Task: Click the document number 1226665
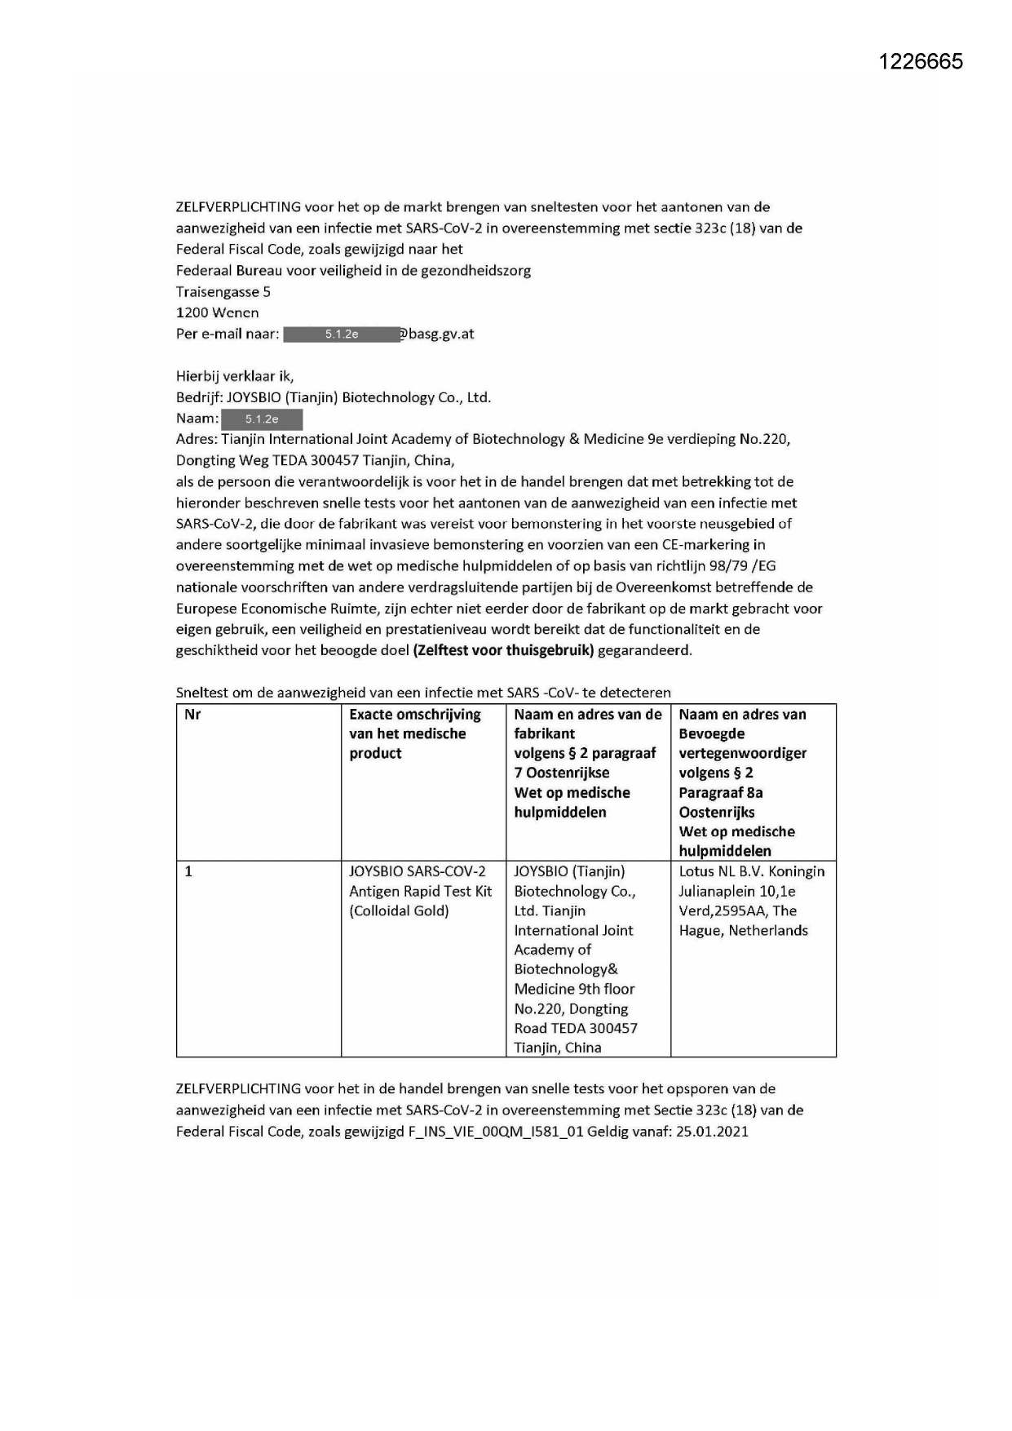(921, 62)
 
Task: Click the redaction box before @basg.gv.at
(342, 334)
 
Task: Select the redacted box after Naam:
(262, 419)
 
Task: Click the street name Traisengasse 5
(223, 292)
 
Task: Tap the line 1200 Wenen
(217, 313)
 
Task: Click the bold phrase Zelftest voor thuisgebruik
(504, 651)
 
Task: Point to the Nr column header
(193, 715)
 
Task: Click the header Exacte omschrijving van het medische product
(415, 734)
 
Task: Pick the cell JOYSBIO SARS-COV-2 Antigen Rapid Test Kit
(421, 892)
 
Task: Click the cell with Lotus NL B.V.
(751, 901)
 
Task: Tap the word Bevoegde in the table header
(711, 734)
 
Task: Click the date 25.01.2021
(712, 1132)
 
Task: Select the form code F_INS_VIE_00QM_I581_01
(496, 1132)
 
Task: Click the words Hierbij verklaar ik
(234, 377)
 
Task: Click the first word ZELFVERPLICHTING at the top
(238, 207)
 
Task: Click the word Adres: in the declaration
(197, 440)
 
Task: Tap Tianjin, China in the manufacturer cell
(558, 1048)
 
